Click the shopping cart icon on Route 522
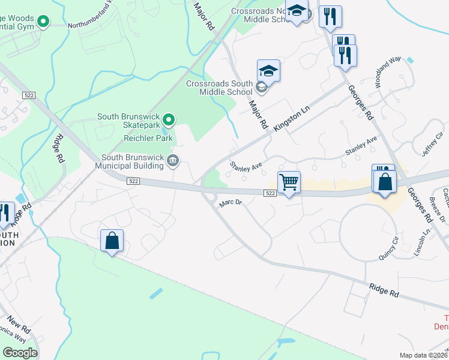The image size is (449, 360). click(x=289, y=182)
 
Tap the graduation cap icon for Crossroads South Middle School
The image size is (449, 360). click(x=268, y=71)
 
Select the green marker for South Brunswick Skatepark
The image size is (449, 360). click(x=169, y=120)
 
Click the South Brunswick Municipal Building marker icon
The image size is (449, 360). click(x=173, y=160)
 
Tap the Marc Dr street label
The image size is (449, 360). click(x=230, y=203)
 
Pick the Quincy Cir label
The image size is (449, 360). click(x=388, y=248)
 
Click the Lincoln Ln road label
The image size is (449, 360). click(x=427, y=240)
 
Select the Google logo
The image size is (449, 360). click(x=20, y=353)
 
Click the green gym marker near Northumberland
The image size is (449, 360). click(x=43, y=23)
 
